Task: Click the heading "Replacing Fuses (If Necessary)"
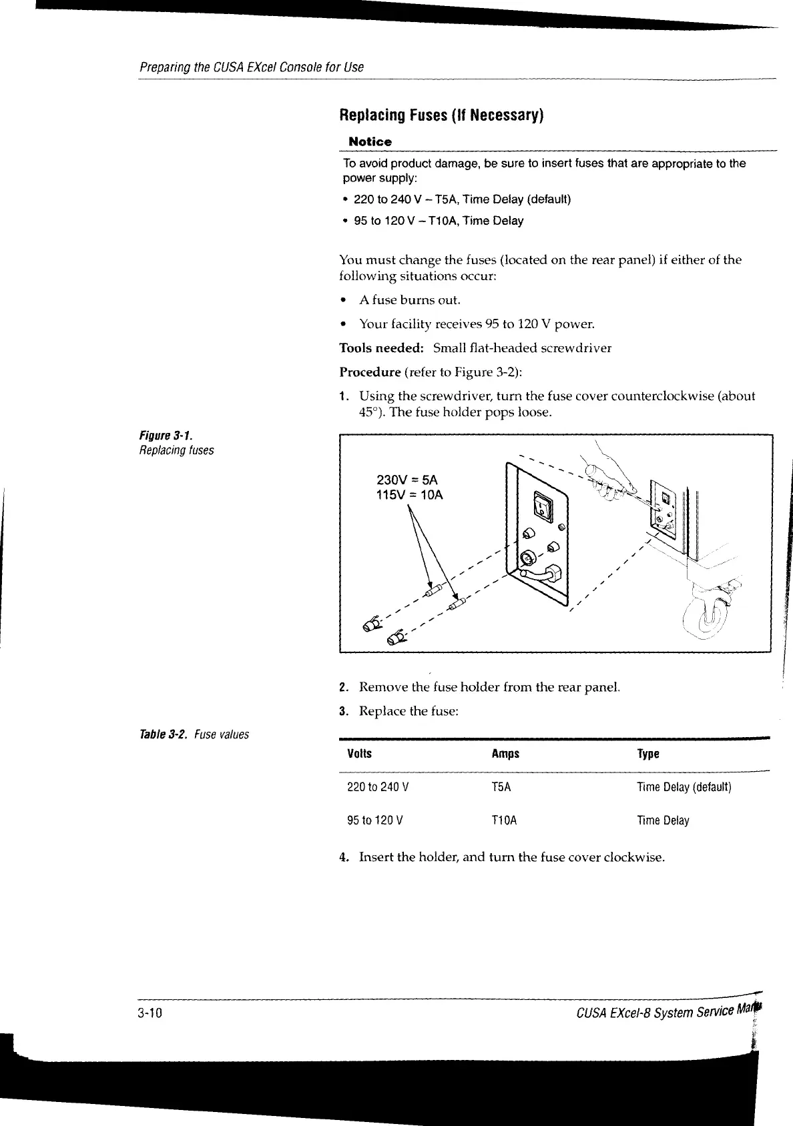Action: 442,115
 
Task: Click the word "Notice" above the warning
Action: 370,141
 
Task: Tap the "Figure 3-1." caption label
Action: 157,436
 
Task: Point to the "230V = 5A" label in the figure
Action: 407,480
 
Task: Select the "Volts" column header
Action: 360,754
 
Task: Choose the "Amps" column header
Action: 505,754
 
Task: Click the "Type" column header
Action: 648,754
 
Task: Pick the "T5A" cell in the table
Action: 501,787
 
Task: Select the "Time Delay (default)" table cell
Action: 684,787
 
